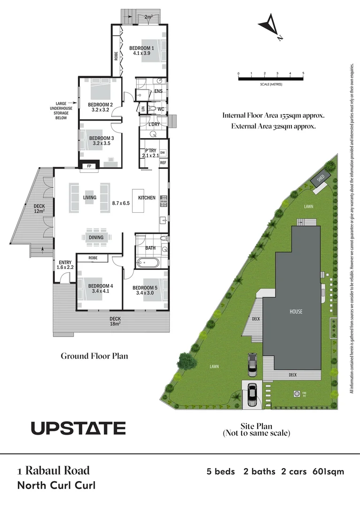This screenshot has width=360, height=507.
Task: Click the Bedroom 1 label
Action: [142, 51]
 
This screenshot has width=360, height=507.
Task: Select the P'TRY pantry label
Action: [150, 153]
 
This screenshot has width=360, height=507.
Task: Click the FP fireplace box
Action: [89, 166]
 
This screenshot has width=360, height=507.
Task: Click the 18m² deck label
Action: [115, 321]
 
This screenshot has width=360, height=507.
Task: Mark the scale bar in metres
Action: [271, 78]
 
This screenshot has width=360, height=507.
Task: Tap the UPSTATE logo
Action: [78, 428]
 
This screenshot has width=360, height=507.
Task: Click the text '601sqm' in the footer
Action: [328, 471]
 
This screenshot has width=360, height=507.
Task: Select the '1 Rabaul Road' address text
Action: [53, 470]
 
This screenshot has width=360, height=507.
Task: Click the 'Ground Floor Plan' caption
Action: [94, 356]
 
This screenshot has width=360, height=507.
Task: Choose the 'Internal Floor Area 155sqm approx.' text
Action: [273, 115]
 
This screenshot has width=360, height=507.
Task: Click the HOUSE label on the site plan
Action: [296, 311]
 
